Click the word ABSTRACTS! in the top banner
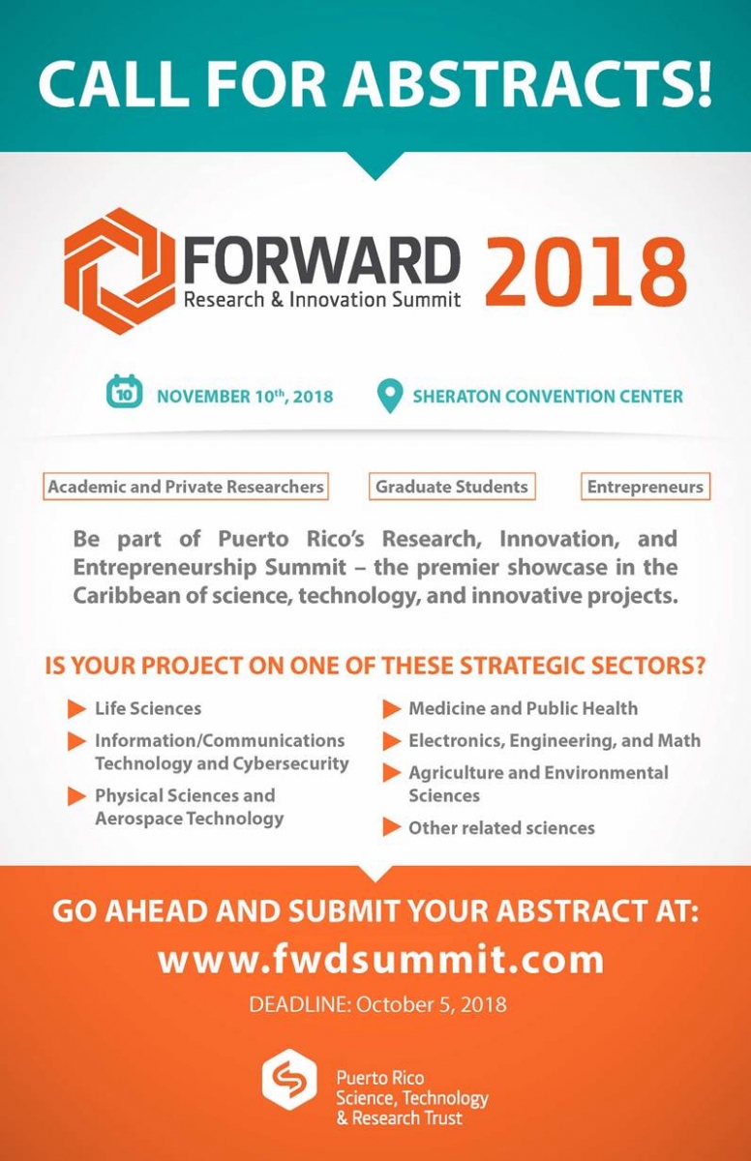(x=528, y=83)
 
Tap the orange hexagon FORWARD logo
(x=120, y=271)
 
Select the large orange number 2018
(x=586, y=272)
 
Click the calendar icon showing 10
(x=125, y=391)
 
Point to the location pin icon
(x=390, y=396)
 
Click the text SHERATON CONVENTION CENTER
(x=548, y=397)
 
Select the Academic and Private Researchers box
(x=186, y=486)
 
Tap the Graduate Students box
(x=452, y=486)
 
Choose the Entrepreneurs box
(x=646, y=486)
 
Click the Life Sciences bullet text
(x=148, y=708)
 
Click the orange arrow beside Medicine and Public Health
(x=392, y=709)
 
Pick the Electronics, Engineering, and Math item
(x=555, y=741)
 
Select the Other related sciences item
(x=501, y=828)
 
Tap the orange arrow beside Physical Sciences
(x=76, y=796)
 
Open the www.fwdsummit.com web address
(x=381, y=960)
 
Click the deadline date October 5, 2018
(x=432, y=1004)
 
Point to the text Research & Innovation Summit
(x=322, y=300)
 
